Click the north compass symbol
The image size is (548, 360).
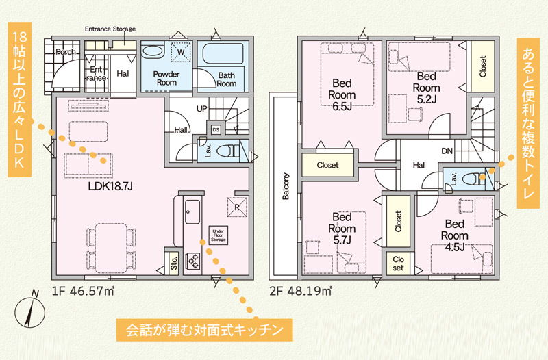(x=30, y=311)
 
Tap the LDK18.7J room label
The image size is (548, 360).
(x=110, y=186)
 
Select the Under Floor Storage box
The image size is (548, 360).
(x=219, y=235)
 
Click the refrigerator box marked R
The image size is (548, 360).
(x=237, y=207)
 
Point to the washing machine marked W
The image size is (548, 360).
(x=181, y=53)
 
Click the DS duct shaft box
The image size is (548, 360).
(x=216, y=130)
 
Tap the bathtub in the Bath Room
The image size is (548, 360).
(x=223, y=54)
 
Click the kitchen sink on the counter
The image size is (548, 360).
(x=192, y=212)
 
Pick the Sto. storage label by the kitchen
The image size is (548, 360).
(x=174, y=263)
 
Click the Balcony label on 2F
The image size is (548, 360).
(x=286, y=186)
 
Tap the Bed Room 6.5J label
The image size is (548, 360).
(x=342, y=94)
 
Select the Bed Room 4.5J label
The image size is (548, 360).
(x=454, y=235)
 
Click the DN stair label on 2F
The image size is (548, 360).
(x=447, y=151)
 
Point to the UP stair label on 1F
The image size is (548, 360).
(x=201, y=109)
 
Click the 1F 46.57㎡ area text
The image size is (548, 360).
(x=84, y=291)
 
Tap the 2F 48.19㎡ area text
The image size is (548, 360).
(x=301, y=291)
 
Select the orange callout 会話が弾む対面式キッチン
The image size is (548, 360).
(x=204, y=330)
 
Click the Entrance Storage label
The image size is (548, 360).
(x=110, y=29)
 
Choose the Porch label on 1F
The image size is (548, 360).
(x=66, y=52)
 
